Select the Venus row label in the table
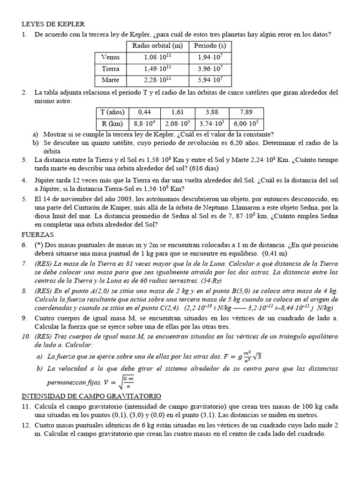(111, 57)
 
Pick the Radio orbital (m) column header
(157, 46)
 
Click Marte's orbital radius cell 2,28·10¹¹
(157, 80)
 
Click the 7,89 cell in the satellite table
(246, 112)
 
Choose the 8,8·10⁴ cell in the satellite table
(143, 124)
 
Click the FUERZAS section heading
(38, 234)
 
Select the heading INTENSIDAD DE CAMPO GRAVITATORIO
(91, 396)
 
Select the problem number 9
(24, 318)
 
